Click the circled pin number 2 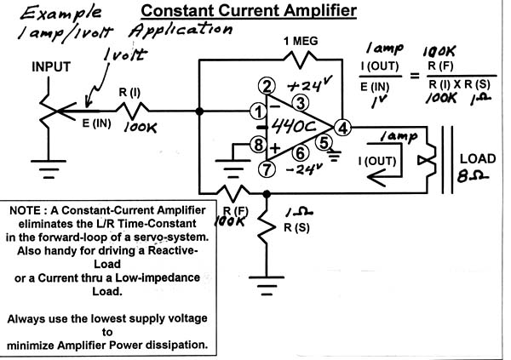268,86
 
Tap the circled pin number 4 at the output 342,129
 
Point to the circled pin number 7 268,169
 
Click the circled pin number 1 256,111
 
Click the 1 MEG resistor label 303,42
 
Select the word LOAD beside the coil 478,158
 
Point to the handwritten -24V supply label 304,169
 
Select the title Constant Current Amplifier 249,11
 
